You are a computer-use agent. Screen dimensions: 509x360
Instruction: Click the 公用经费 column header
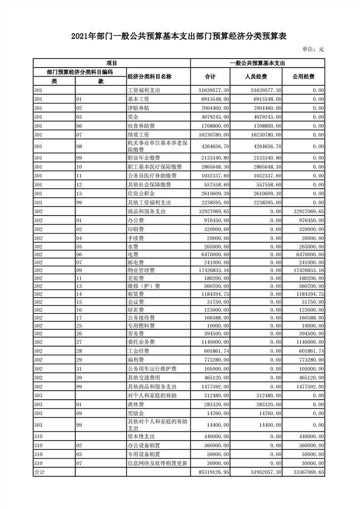coord(303,76)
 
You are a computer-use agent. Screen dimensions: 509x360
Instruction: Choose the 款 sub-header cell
coord(101,81)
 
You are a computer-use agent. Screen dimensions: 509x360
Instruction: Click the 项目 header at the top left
coord(112,63)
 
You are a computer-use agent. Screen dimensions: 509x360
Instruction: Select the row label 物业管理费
coord(141,270)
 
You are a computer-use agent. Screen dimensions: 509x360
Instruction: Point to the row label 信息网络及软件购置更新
coord(158,463)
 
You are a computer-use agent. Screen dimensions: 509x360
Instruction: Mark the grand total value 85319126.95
coord(212,472)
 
